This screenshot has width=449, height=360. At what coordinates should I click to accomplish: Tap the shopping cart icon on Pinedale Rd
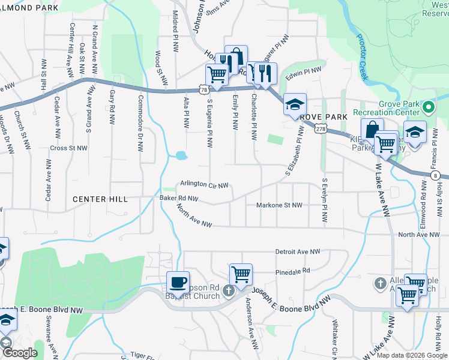point(241,274)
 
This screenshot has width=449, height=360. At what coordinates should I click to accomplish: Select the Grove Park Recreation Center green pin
point(428,109)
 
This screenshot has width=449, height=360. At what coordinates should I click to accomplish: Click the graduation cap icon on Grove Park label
point(295,104)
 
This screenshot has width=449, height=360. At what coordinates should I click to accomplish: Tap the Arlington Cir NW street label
point(204,185)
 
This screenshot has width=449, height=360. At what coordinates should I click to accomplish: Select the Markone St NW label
point(279,205)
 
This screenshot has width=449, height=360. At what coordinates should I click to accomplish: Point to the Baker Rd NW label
point(178,197)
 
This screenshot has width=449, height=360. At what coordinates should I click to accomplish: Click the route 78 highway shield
point(205,90)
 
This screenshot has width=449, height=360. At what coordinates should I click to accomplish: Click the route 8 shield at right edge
point(434,175)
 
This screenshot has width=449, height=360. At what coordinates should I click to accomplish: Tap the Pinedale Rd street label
point(292,271)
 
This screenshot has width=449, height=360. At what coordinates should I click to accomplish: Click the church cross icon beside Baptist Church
point(228,291)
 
